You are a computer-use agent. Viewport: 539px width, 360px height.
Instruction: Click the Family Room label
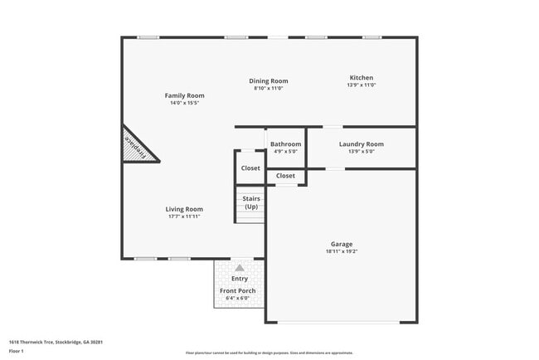184,96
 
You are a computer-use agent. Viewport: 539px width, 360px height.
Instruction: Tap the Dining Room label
269,81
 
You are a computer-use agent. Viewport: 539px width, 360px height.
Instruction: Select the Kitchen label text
361,77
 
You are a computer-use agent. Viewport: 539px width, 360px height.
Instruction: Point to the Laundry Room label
362,144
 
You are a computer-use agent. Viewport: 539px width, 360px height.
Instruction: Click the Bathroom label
286,144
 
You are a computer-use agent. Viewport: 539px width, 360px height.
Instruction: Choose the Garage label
342,244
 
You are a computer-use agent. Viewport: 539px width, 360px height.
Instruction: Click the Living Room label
184,209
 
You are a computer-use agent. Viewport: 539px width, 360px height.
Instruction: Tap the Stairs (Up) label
251,202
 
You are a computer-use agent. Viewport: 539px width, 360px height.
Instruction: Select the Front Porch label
237,291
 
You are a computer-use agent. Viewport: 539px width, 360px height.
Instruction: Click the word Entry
239,279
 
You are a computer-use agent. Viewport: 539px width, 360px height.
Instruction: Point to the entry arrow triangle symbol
239,268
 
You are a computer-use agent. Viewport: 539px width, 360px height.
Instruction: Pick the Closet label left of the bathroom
250,168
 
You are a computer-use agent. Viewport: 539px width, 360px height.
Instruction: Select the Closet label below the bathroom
285,176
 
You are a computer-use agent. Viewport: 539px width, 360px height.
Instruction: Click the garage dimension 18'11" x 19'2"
342,251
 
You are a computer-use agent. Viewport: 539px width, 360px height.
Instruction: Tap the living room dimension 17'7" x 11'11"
184,216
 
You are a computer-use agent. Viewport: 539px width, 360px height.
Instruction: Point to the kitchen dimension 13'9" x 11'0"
361,85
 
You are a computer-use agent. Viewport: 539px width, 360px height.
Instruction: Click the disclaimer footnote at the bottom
269,353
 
